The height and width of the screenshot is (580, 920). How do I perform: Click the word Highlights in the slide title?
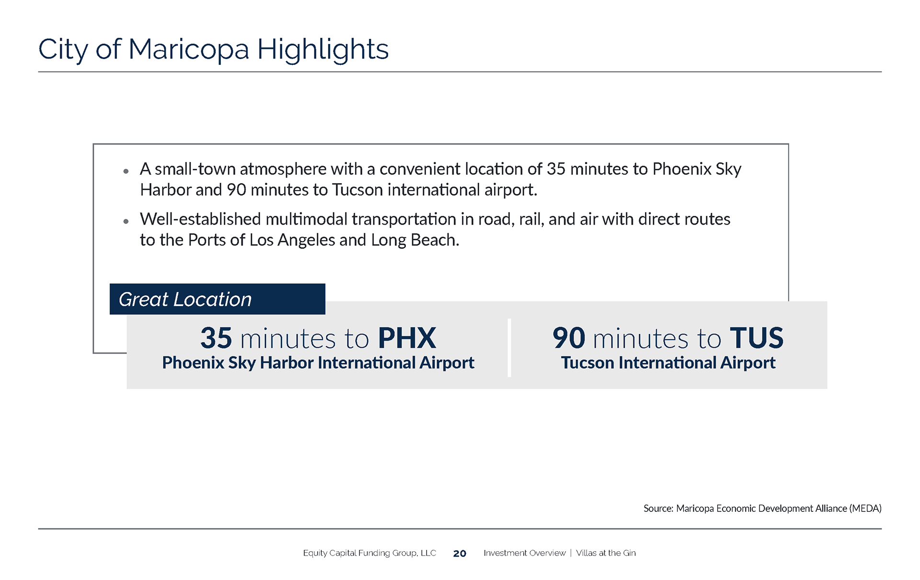click(x=323, y=50)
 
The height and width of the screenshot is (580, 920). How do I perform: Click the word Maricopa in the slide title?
click(x=189, y=50)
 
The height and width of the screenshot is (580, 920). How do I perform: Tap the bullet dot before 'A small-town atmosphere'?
click(x=126, y=171)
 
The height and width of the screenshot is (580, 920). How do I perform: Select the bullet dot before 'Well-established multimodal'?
click(x=126, y=221)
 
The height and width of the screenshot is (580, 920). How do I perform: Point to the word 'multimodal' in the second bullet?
click(x=307, y=219)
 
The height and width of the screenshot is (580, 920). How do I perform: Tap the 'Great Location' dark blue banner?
click(x=218, y=299)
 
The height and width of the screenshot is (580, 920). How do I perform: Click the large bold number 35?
click(x=217, y=338)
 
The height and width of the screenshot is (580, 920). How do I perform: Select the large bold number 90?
click(x=569, y=338)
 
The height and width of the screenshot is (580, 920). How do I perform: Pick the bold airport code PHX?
click(x=407, y=338)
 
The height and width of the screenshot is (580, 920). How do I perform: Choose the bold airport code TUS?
click(x=757, y=338)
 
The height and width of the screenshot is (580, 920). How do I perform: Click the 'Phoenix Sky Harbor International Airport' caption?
click(x=318, y=363)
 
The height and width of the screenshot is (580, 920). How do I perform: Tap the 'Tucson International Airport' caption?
click(x=668, y=363)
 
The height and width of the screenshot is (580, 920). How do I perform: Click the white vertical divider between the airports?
click(x=509, y=348)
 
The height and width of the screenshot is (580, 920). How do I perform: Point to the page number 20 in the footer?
click(x=460, y=554)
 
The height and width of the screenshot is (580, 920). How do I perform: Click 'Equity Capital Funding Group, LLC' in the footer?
click(x=369, y=553)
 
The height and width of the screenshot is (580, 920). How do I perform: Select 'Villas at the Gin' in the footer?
click(x=606, y=553)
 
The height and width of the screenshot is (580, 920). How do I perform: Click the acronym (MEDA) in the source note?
click(x=865, y=509)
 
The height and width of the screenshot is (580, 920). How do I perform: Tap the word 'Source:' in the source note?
click(x=658, y=509)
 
